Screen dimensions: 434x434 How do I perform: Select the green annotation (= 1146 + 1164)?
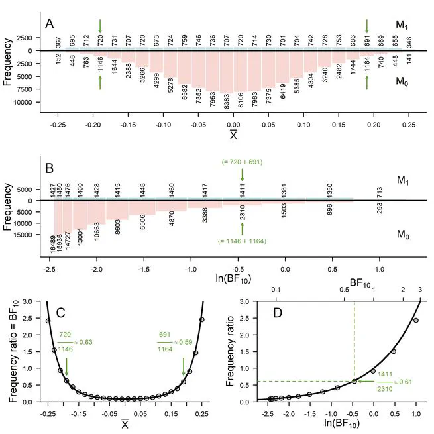click(x=242, y=241)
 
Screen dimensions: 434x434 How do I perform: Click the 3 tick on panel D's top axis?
click(x=419, y=290)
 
